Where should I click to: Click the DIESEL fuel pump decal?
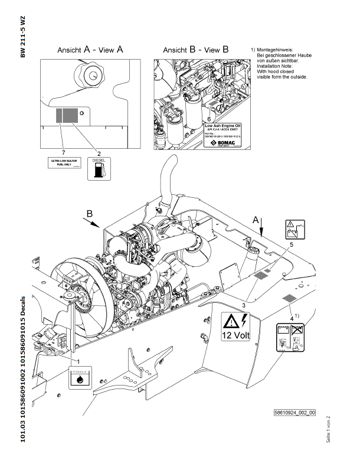97,168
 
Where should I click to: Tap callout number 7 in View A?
62,152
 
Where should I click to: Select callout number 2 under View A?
99,152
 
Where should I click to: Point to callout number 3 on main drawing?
243,305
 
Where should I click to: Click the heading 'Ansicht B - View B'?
195,50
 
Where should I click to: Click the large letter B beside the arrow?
90,214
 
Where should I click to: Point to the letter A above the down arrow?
256,219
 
